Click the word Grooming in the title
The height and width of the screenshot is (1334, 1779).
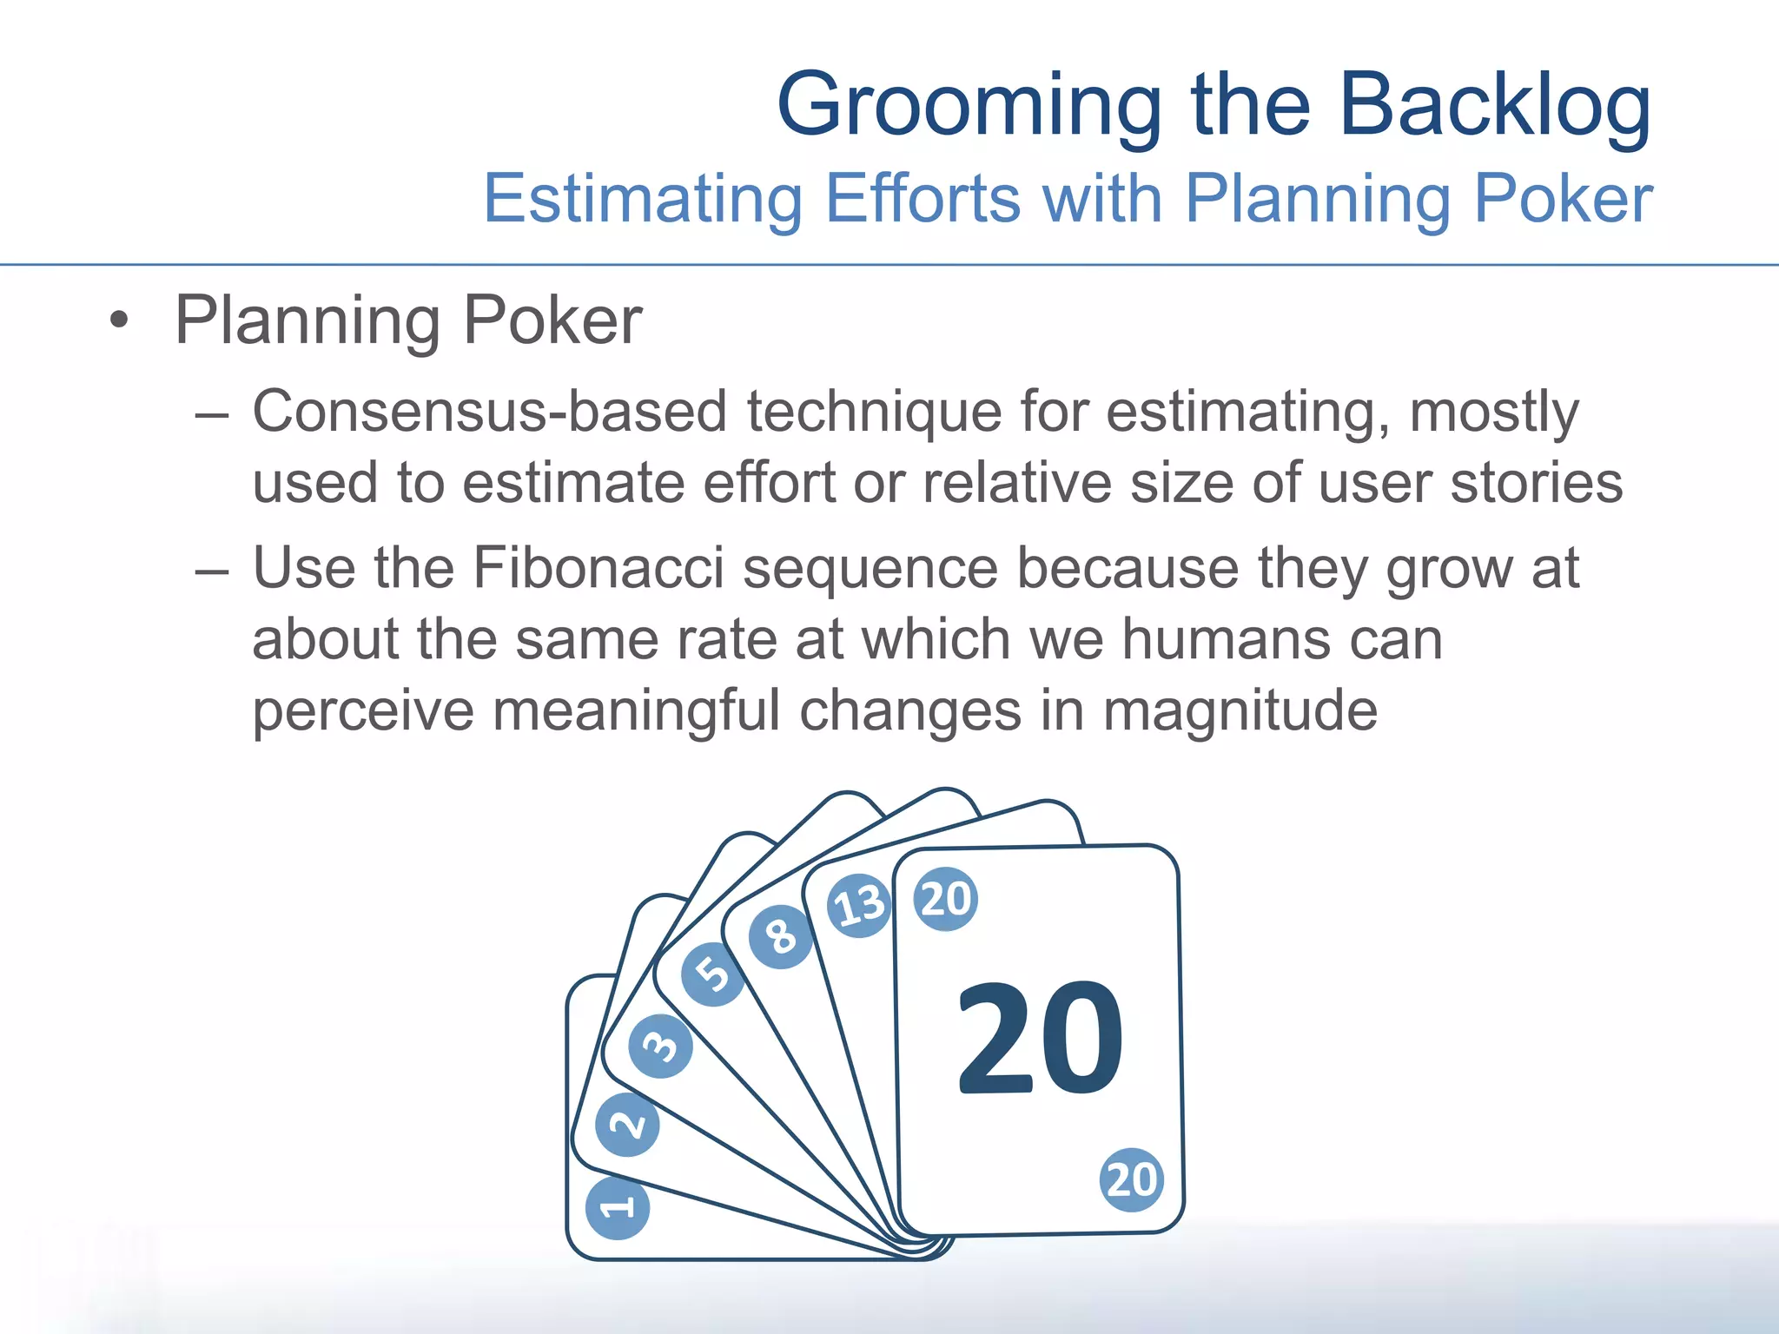tap(969, 106)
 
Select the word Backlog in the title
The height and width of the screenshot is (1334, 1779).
tap(1495, 106)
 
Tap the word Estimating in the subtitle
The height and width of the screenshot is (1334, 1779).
tap(643, 200)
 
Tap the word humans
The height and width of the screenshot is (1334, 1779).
tap(1225, 639)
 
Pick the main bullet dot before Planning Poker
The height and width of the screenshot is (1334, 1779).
tap(119, 321)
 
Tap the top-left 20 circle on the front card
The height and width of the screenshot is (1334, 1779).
tap(946, 899)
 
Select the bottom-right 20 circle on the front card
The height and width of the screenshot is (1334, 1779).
tap(1131, 1179)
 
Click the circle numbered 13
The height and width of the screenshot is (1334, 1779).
tap(859, 905)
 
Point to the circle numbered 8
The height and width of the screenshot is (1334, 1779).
tap(780, 937)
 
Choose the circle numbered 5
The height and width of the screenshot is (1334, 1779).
tap(713, 974)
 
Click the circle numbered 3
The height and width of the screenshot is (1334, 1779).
tap(661, 1046)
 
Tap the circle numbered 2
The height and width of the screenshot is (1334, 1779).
tap(627, 1125)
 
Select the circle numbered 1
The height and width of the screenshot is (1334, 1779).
tap(618, 1207)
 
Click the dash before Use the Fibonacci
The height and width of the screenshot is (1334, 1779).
tap(212, 570)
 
